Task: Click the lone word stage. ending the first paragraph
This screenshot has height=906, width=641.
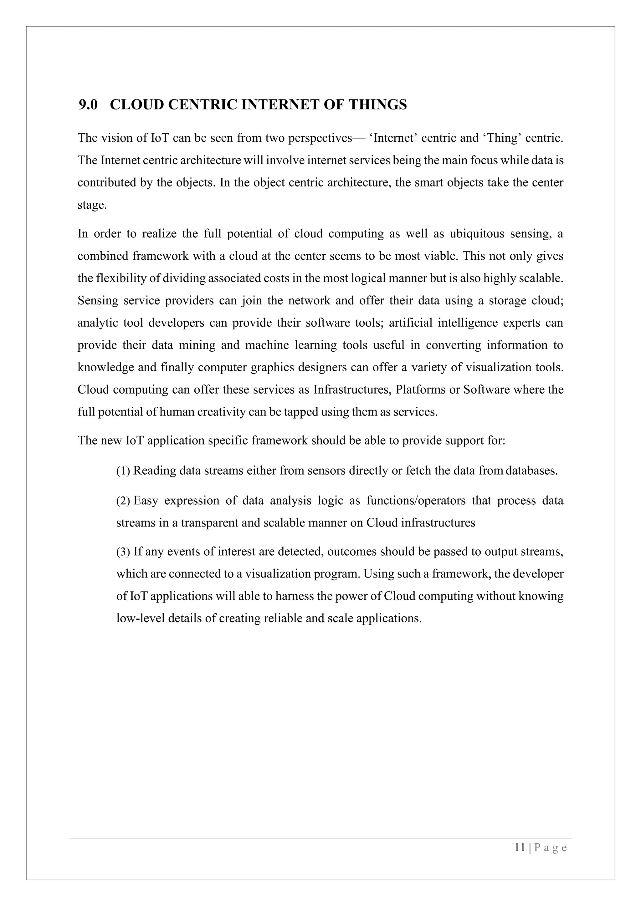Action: pos(92,205)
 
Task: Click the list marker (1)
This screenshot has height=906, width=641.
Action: pos(123,471)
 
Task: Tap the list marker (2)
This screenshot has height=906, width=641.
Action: pos(123,501)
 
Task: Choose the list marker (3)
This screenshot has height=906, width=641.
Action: pos(123,552)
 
